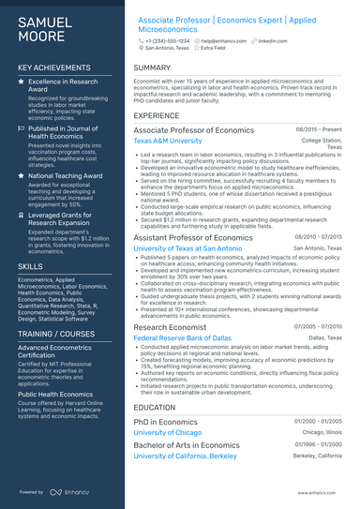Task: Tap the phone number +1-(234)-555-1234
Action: point(168,41)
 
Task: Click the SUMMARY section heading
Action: point(152,68)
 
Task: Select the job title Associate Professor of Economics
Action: point(195,129)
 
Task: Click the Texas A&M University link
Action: point(168,141)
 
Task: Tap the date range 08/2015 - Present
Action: point(320,129)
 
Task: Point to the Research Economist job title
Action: point(173,326)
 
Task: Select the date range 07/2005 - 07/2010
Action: point(319,326)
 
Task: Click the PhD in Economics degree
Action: point(166,422)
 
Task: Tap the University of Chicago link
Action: point(168,433)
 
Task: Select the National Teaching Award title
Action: point(65,175)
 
